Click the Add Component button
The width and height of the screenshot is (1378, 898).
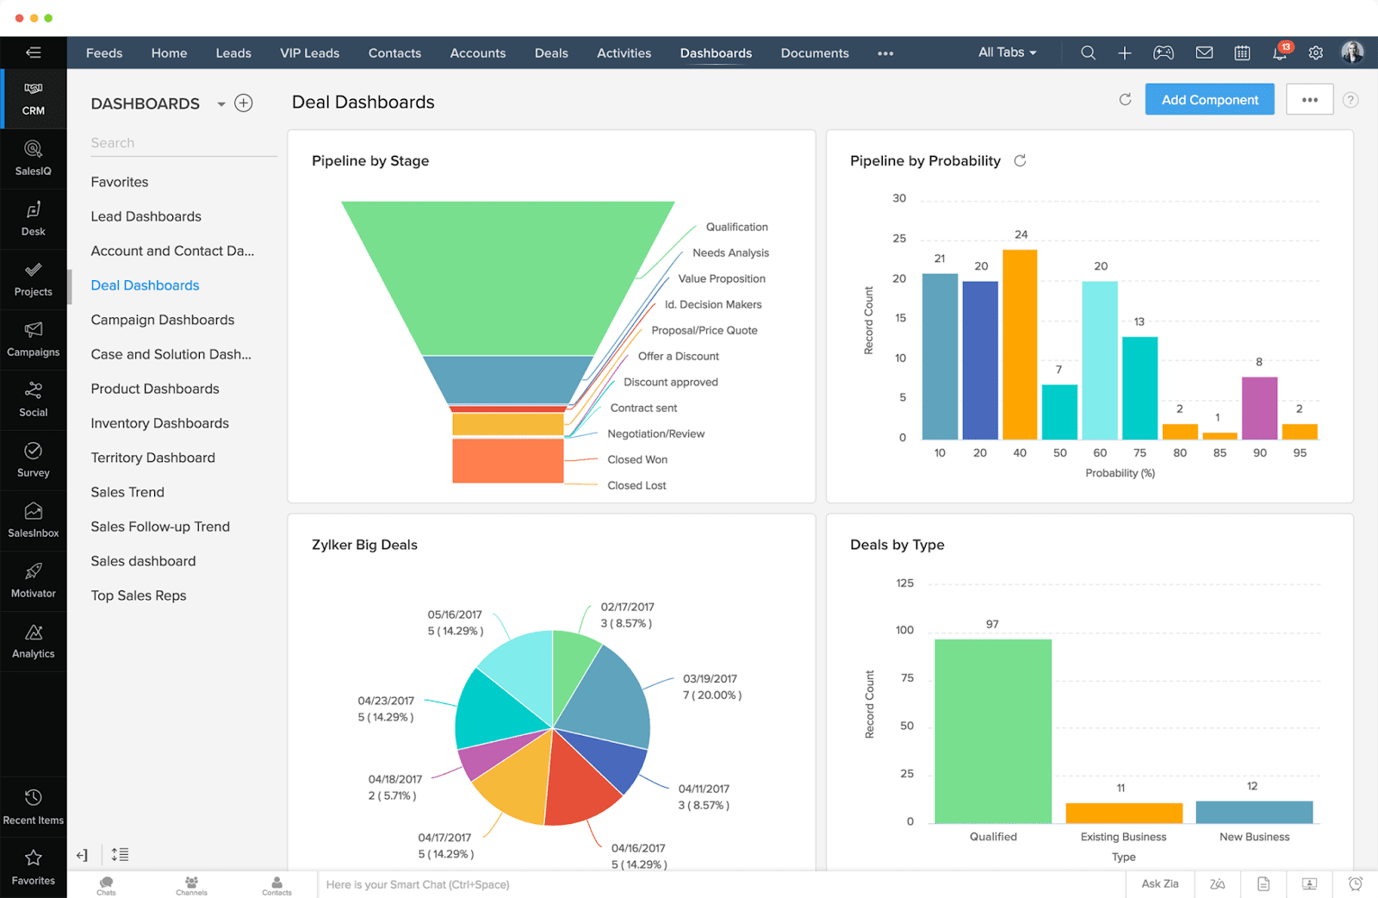(1209, 100)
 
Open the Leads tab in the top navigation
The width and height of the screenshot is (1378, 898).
(233, 53)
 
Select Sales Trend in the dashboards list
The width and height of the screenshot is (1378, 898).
(127, 492)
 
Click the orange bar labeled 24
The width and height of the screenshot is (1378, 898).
(1020, 345)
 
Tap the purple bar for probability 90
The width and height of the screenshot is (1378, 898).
(1259, 408)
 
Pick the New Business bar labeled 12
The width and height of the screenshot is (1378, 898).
(1254, 812)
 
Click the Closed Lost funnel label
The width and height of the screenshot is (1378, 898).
(636, 485)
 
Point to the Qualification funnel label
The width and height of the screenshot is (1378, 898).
(736, 227)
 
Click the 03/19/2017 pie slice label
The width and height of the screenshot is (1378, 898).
(711, 687)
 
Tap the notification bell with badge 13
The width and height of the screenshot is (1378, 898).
(1280, 53)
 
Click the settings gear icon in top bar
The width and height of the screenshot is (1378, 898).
(1315, 53)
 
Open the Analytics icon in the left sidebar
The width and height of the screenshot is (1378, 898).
(34, 641)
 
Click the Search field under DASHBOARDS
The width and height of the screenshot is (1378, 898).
(183, 143)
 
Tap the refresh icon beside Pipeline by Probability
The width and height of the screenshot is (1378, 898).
(1020, 161)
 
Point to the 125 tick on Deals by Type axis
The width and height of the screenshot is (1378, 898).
(904, 583)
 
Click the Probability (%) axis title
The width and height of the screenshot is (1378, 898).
(1120, 473)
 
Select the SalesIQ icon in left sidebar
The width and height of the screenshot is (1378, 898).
(34, 158)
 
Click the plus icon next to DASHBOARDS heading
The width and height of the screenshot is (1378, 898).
(244, 103)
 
